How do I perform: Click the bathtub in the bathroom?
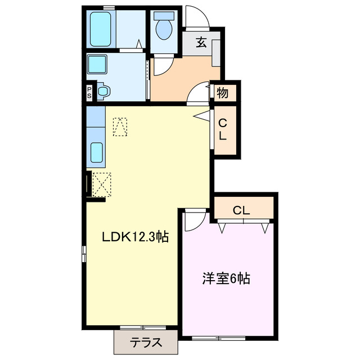(x=102, y=29)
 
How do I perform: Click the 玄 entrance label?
(x=200, y=42)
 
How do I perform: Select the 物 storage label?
(x=223, y=93)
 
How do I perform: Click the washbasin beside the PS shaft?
(x=103, y=91)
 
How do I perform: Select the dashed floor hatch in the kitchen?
(x=120, y=126)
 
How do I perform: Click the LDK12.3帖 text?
(x=134, y=237)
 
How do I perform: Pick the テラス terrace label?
(x=146, y=341)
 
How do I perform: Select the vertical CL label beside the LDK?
(x=223, y=130)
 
